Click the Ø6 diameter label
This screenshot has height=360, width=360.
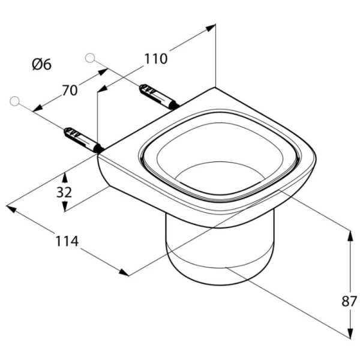tap(42, 64)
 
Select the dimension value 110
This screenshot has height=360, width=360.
tap(156, 59)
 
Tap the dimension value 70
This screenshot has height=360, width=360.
tap(70, 90)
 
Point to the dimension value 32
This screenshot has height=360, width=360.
tap(64, 192)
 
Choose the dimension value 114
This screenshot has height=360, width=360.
tap(67, 241)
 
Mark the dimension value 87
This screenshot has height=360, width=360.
tap(349, 301)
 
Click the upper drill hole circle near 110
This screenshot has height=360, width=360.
tap(90, 58)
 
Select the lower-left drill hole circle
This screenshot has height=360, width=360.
tap(14, 101)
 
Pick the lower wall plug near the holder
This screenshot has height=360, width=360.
tap(83, 140)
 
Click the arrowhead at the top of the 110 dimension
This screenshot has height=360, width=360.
tap(211, 28)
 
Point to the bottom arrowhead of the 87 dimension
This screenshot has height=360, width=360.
tap(350, 333)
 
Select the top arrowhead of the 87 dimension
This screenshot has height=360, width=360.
tap(350, 236)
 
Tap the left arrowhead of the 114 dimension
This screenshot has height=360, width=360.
tap(11, 209)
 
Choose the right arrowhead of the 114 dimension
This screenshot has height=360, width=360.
tap(124, 272)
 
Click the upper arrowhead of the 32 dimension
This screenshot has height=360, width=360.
tap(65, 178)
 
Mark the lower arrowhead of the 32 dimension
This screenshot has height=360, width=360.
tap(65, 206)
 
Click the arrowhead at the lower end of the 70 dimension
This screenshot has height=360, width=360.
tap(38, 109)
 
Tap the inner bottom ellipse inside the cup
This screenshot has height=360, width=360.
tap(220, 175)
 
